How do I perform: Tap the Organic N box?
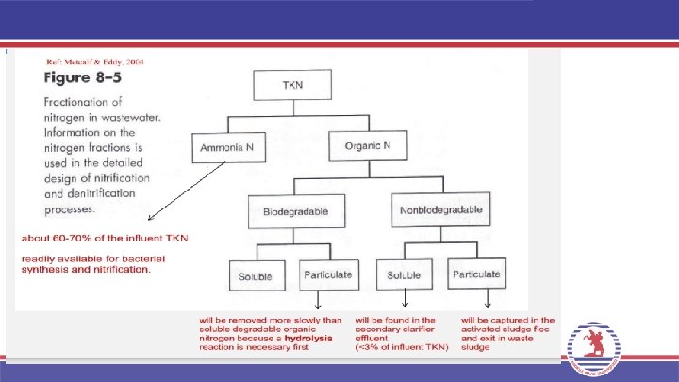coord(366,146)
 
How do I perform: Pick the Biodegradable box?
coord(295,212)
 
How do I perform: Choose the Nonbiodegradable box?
coord(439,209)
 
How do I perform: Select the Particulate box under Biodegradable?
coord(327,275)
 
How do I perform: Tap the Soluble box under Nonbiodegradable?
coord(405,275)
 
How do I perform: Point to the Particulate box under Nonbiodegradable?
coord(475,275)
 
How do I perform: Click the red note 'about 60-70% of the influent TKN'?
coord(105,238)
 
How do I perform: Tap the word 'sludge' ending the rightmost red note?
coord(475,347)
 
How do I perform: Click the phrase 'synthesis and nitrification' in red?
coord(86,270)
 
